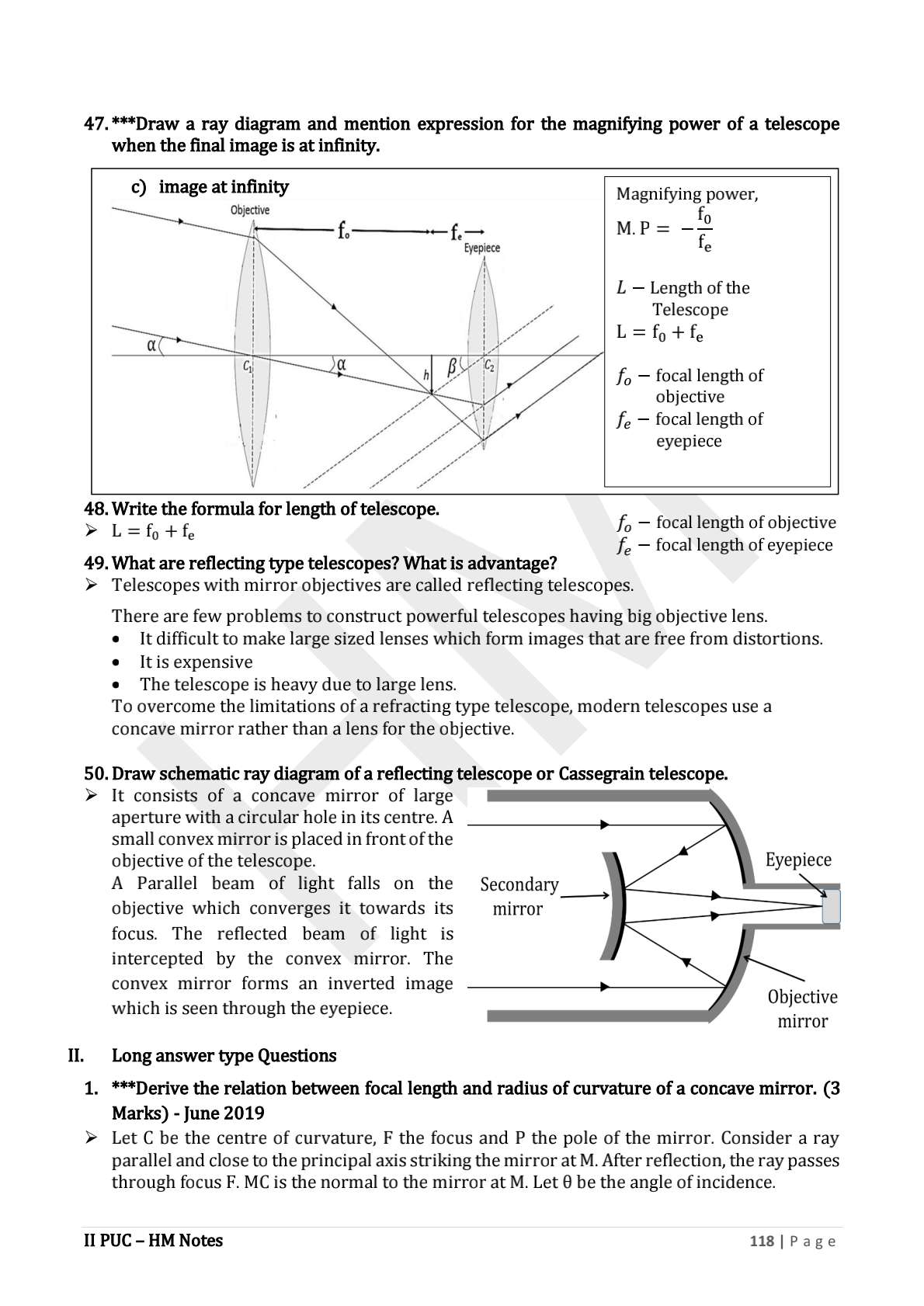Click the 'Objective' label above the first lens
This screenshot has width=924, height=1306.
[x=250, y=210]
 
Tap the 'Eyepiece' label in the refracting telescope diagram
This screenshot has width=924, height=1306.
[x=481, y=248]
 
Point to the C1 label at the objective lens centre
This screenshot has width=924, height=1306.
[x=247, y=367]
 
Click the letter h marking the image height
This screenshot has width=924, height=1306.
[x=426, y=375]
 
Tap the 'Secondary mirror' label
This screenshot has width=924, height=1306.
[x=519, y=896]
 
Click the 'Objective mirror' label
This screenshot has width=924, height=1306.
[x=802, y=1009]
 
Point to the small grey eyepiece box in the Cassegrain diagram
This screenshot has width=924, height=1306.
[x=831, y=907]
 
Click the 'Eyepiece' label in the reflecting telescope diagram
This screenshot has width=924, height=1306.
[x=797, y=860]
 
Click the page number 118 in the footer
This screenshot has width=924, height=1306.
[x=762, y=1241]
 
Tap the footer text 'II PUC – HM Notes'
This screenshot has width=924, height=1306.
[x=153, y=1241]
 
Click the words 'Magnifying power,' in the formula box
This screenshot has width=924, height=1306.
[x=686, y=194]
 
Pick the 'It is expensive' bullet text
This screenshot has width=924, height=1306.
[x=196, y=662]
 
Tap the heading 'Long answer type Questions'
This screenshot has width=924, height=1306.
[x=224, y=1055]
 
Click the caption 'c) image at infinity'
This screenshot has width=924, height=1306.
[x=210, y=187]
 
